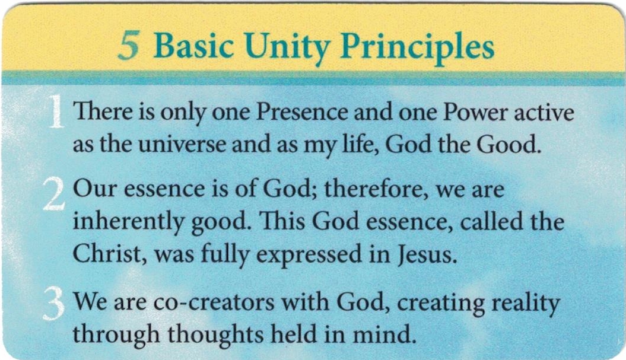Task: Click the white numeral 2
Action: [x=53, y=195]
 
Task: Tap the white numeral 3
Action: [x=53, y=304]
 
